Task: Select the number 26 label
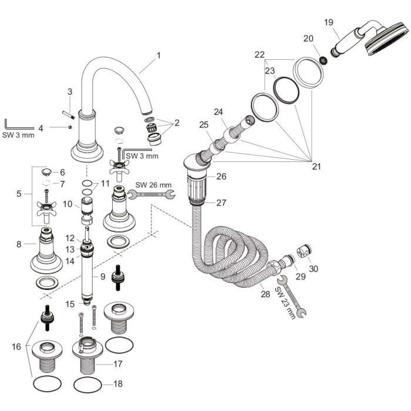[x=221, y=176]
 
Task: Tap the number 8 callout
[x=19, y=243]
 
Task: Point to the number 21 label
[x=316, y=167]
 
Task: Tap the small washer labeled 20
[x=321, y=59]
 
